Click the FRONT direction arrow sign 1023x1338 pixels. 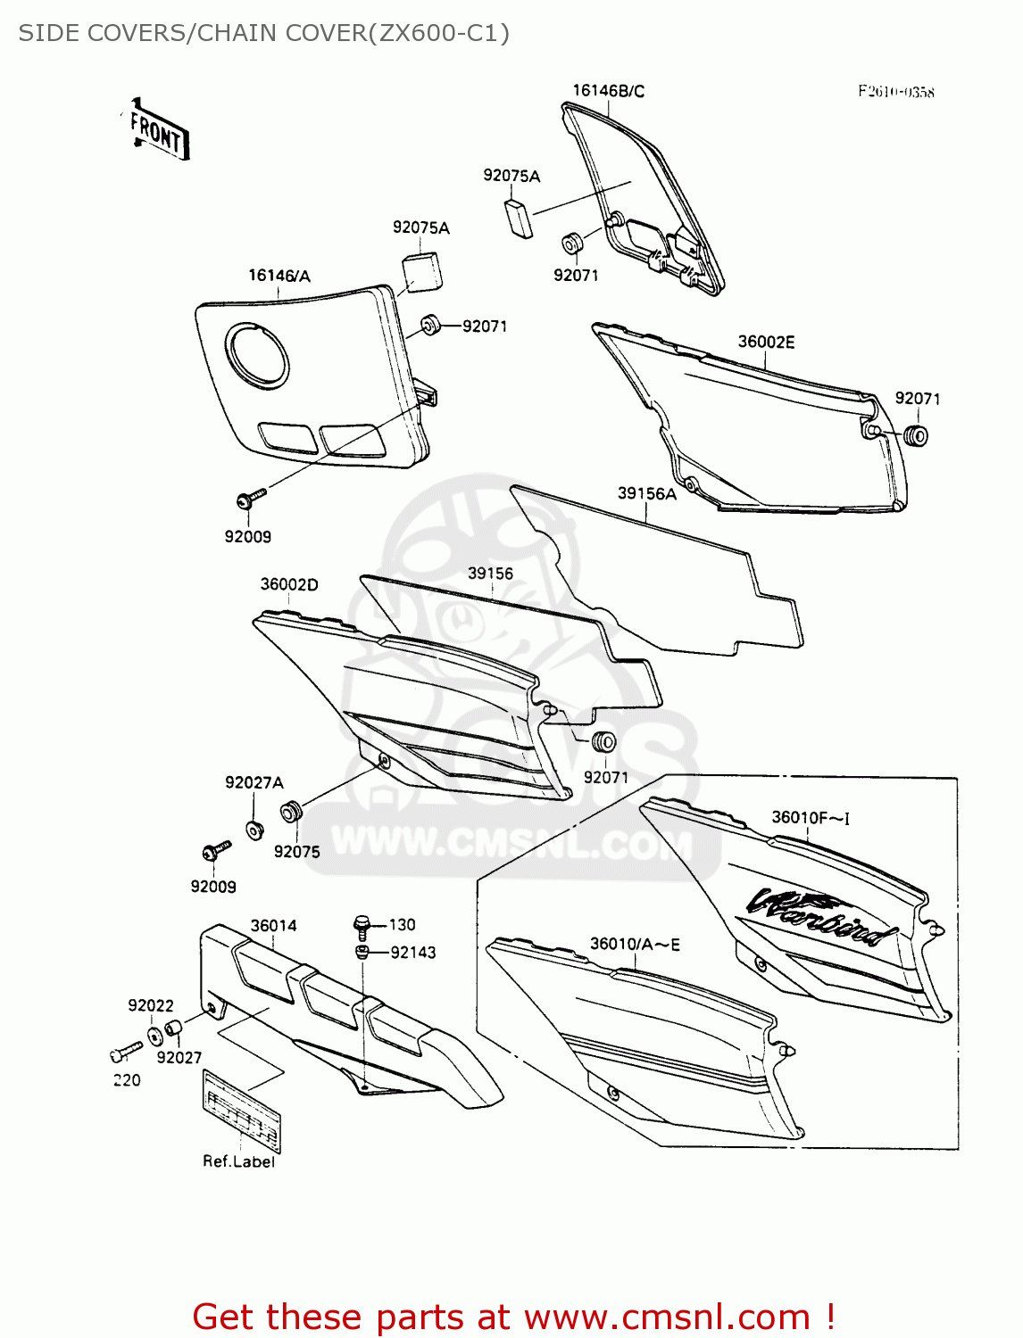[158, 131]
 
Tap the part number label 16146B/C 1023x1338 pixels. [608, 90]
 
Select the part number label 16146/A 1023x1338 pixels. [279, 276]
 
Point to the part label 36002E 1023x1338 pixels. [766, 342]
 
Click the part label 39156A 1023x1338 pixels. [646, 493]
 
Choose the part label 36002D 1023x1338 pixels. [289, 584]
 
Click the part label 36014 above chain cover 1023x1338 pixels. [273, 925]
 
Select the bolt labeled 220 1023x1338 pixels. [126, 1053]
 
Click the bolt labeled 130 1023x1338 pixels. [362, 925]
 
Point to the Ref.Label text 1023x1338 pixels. [238, 1161]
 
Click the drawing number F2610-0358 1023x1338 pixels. [896, 91]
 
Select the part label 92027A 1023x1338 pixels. [254, 782]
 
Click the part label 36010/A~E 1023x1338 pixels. [635, 944]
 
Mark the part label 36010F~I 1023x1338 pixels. [811, 817]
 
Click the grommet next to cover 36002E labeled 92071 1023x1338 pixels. [916, 436]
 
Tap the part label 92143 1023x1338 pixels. [413, 953]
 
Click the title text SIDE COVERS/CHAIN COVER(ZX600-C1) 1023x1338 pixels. [264, 33]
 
